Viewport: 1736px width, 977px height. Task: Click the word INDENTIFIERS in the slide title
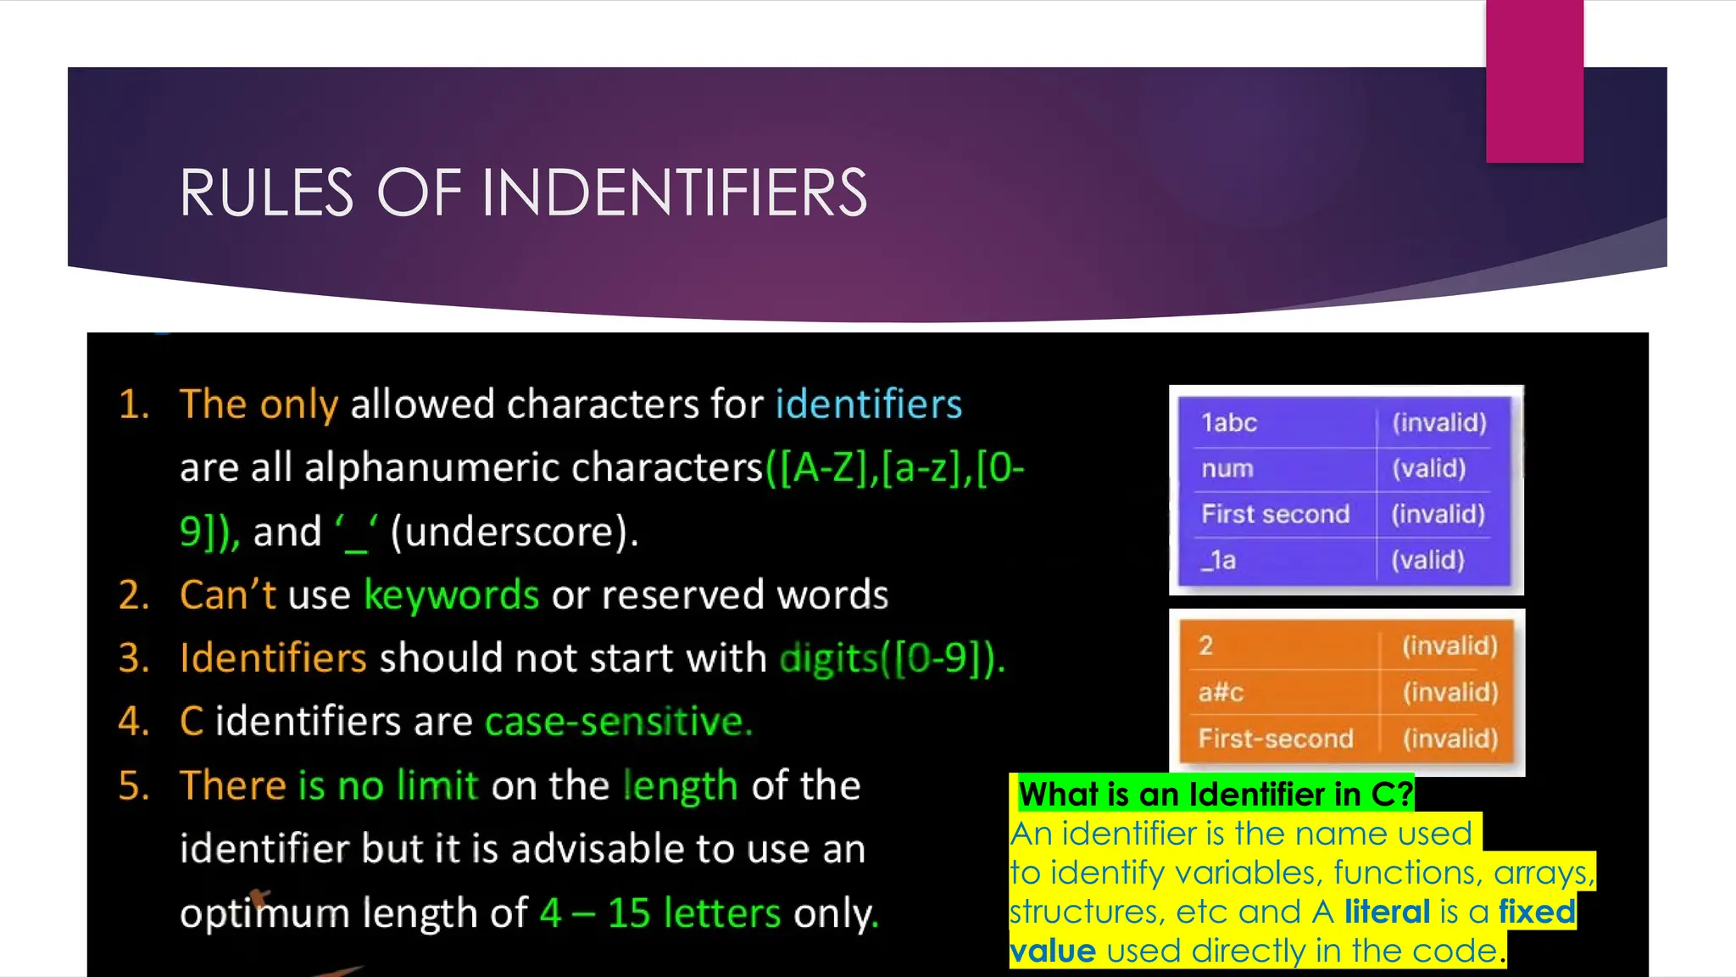[x=674, y=193]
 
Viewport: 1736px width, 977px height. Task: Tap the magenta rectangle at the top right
[x=1534, y=81]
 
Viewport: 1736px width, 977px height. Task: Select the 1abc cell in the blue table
[x=1229, y=422]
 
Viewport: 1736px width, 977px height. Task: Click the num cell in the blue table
[x=1227, y=468]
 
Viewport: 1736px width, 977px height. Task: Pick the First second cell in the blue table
[x=1275, y=514]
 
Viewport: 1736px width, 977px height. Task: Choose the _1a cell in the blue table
[x=1219, y=560]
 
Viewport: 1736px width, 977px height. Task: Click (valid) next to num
[x=1429, y=468]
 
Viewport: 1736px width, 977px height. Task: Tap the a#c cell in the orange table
[x=1221, y=692]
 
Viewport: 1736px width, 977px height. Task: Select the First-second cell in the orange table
[x=1276, y=738]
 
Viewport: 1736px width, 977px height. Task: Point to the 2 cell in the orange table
[x=1205, y=646]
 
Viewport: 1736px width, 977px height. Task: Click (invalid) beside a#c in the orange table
[x=1450, y=692]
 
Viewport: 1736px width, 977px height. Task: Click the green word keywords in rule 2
[x=451, y=595]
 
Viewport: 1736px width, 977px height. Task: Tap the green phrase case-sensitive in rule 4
[x=618, y=722]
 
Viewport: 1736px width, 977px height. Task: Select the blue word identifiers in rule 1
[x=869, y=405]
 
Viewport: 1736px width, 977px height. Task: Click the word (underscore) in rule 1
[x=514, y=533]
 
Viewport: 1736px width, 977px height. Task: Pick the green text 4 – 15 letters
[x=660, y=913]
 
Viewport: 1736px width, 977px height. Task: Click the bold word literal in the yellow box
[x=1387, y=912]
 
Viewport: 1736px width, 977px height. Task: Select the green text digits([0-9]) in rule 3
[x=892, y=658]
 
